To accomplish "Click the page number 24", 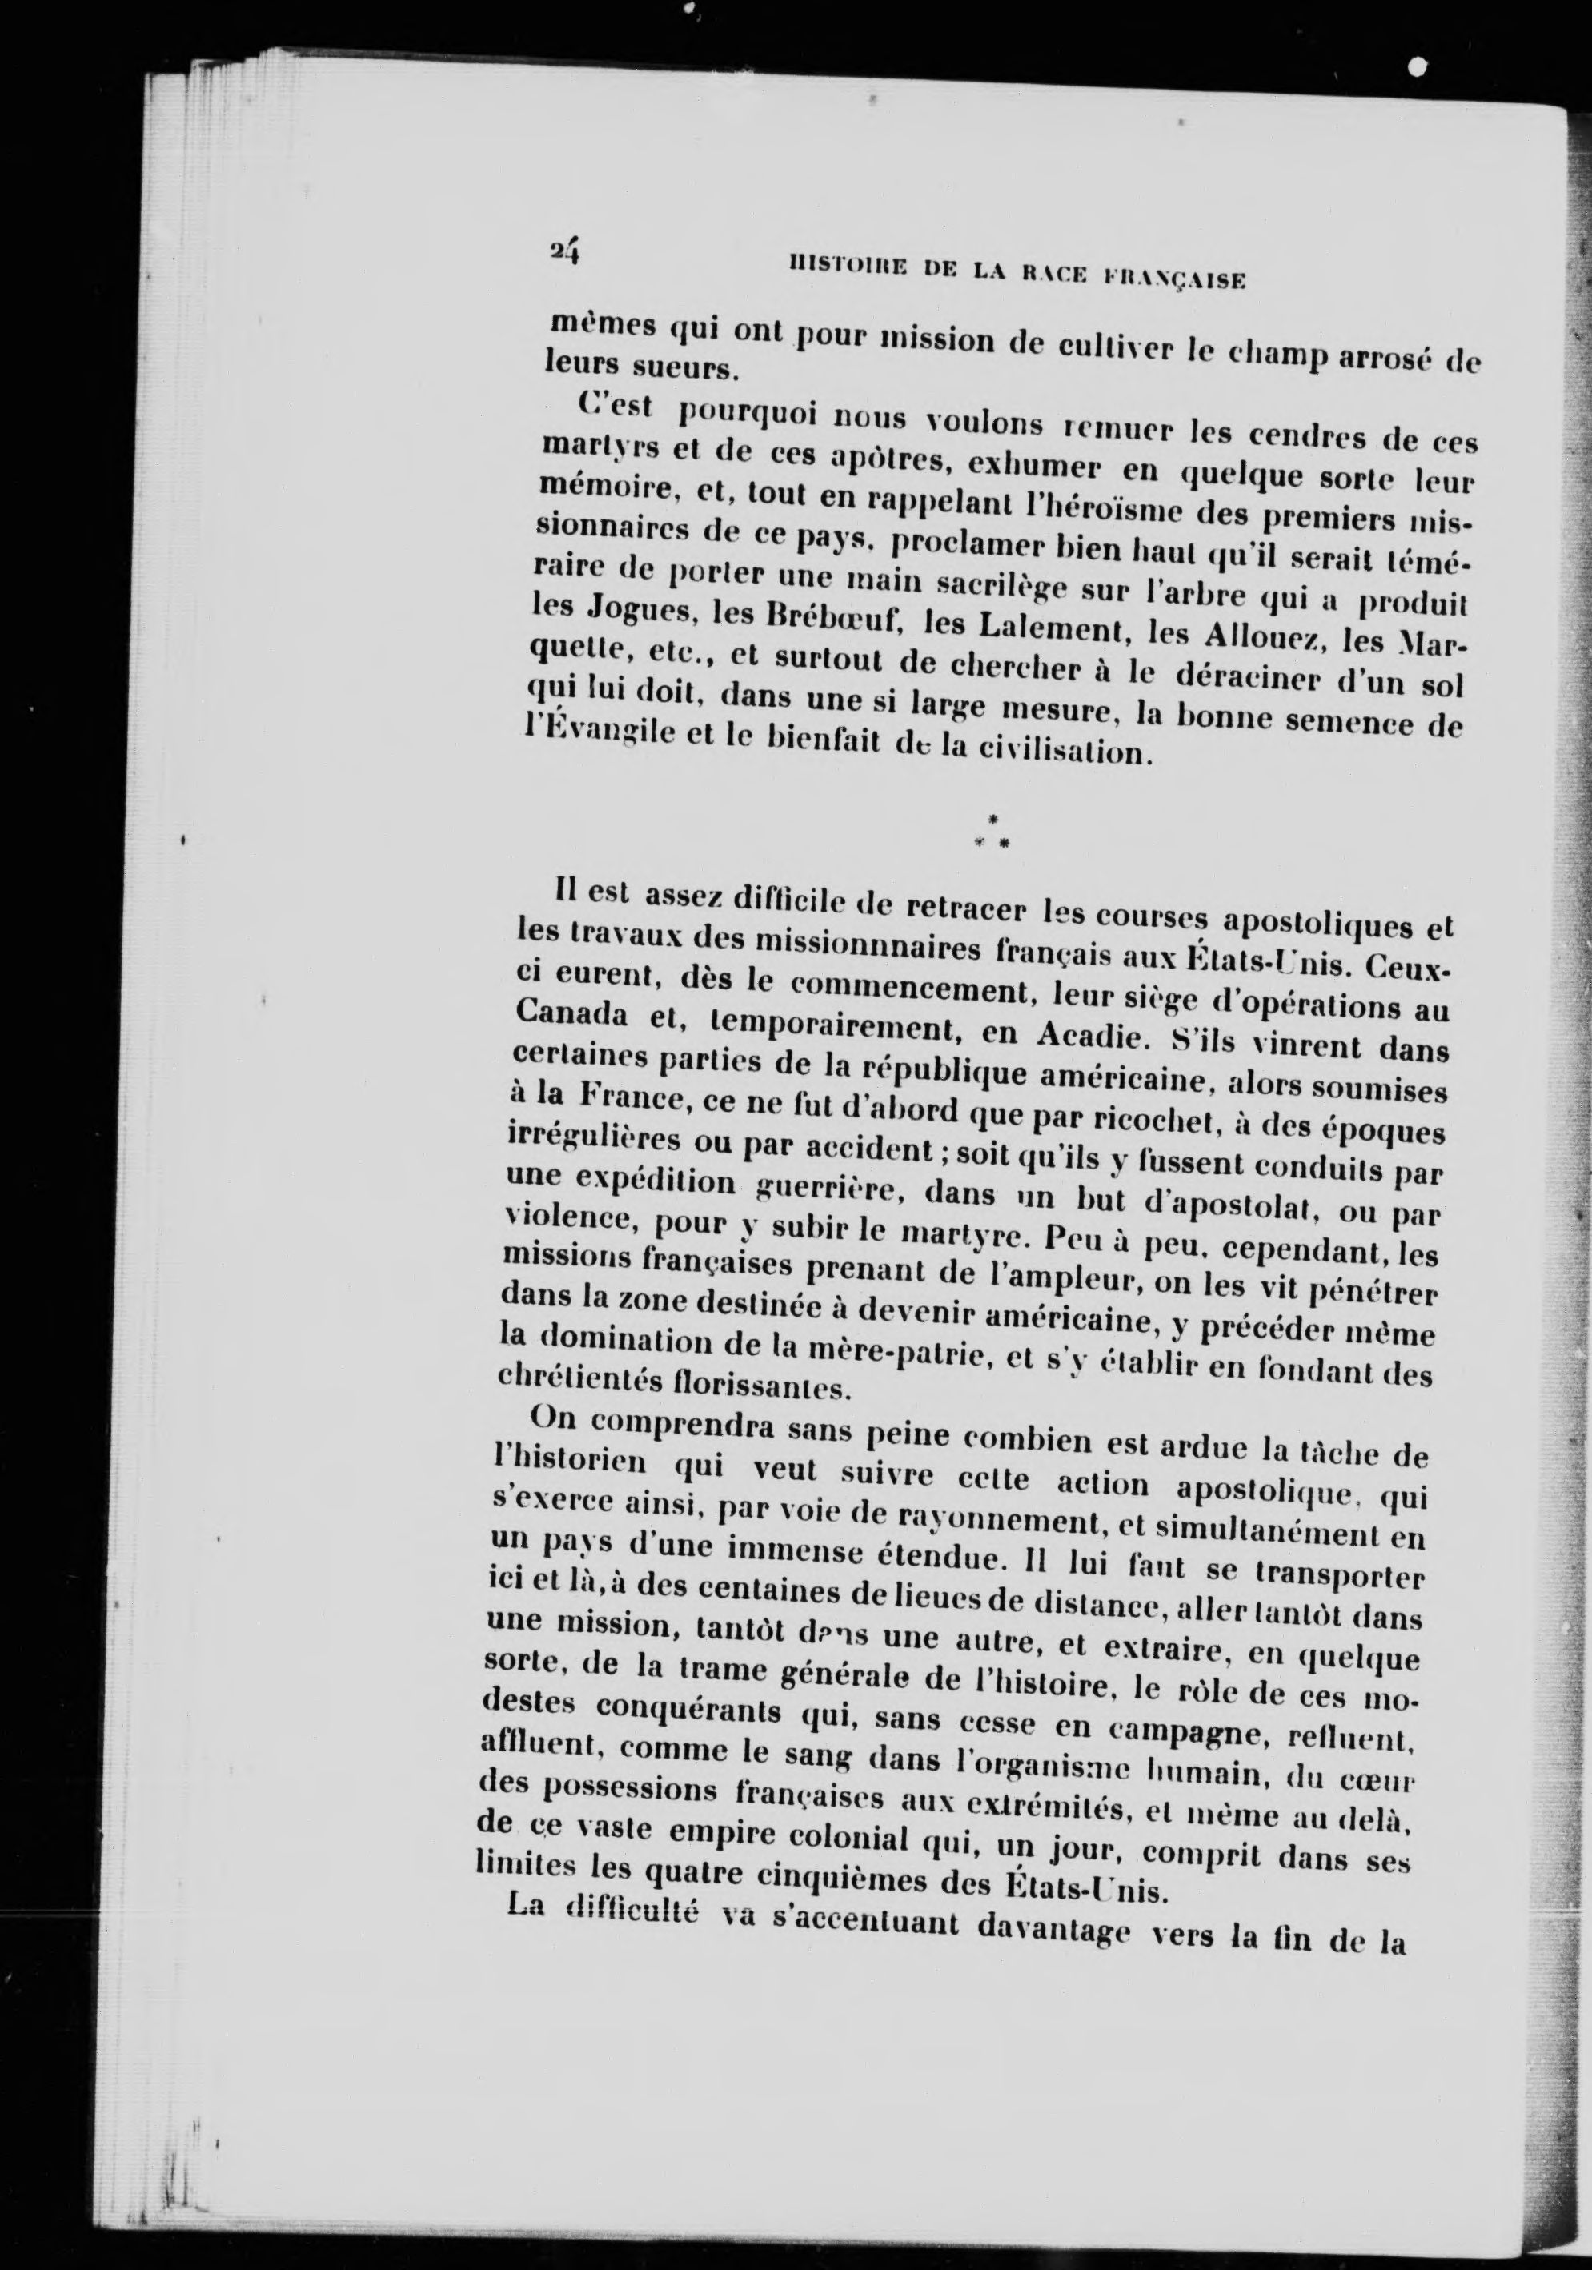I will pos(566,252).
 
